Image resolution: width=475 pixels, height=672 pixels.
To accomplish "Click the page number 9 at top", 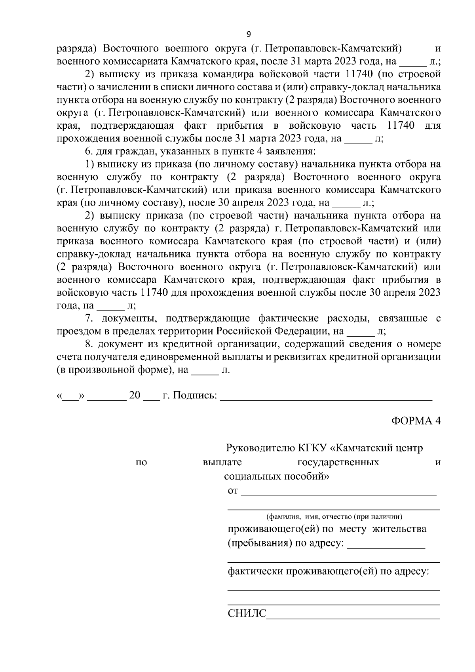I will coord(249,34).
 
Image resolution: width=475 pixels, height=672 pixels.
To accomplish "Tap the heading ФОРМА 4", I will coord(416,421).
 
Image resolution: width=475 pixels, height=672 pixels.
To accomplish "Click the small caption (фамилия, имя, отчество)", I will coord(334,516).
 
